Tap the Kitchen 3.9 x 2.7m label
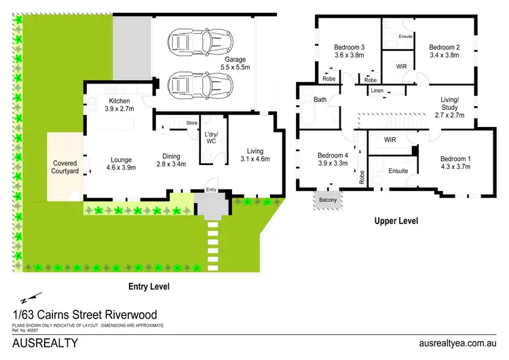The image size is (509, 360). (119, 105)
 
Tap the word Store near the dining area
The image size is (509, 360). (192, 122)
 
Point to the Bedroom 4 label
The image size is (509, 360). (333, 159)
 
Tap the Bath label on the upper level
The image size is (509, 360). (320, 101)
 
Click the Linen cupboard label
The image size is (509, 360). (377, 90)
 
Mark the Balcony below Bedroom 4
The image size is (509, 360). (328, 200)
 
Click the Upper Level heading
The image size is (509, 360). (396, 221)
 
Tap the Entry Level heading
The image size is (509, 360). (149, 287)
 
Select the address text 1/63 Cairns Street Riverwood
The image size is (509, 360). (85, 314)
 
